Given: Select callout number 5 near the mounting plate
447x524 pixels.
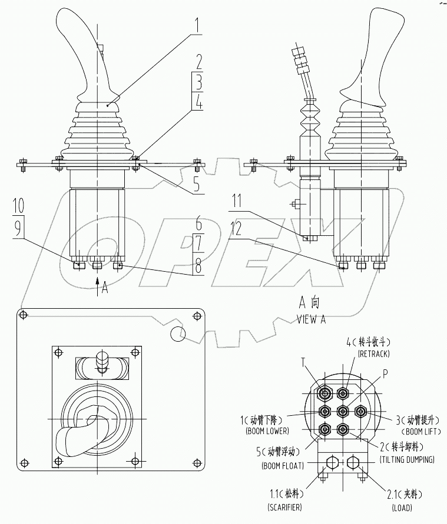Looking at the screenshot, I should (x=197, y=184).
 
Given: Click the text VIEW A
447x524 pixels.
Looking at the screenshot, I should (x=312, y=319).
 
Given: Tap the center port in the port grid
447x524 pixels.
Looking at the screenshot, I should (x=342, y=411).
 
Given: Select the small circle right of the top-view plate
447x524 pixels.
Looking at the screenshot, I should (x=177, y=335).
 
